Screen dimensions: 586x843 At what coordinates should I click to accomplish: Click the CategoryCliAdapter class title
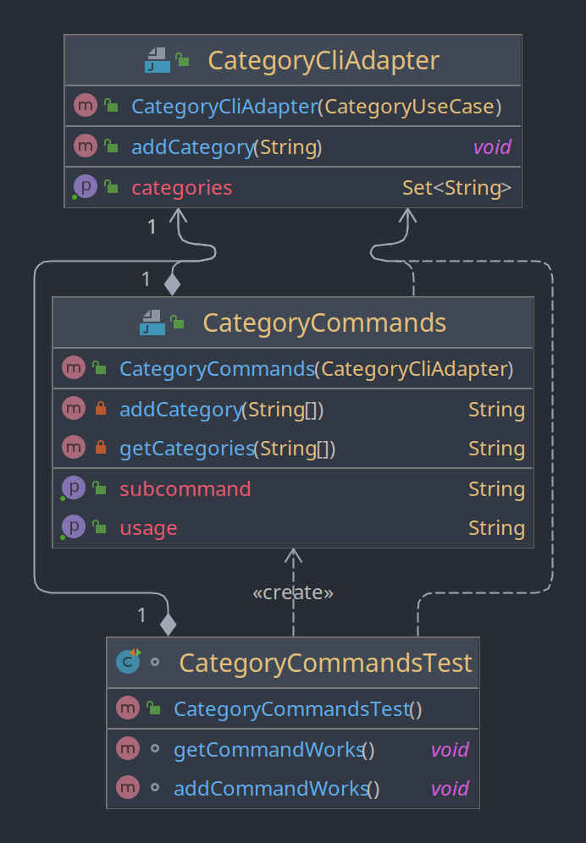(x=323, y=60)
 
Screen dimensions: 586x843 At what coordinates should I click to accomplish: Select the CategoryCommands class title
(x=324, y=323)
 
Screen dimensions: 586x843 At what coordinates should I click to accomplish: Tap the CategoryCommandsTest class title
(x=325, y=663)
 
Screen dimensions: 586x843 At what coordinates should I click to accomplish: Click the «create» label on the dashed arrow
(x=293, y=592)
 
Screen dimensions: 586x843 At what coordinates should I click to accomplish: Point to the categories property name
(x=182, y=188)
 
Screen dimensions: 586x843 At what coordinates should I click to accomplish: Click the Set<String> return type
(x=456, y=188)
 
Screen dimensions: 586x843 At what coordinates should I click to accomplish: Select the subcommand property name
(x=185, y=488)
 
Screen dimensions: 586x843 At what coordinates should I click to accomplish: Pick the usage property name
(x=148, y=528)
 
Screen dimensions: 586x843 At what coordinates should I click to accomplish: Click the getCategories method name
(x=186, y=449)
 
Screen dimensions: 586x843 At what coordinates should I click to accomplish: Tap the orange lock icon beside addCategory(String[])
(x=101, y=409)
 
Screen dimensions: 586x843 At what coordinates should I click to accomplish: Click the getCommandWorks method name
(x=268, y=749)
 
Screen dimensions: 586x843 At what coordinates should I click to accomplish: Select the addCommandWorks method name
(x=271, y=789)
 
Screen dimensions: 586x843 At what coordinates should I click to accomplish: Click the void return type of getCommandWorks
(x=450, y=749)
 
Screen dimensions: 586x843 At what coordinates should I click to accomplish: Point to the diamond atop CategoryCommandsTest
(x=168, y=625)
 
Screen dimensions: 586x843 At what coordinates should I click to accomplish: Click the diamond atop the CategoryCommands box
(x=172, y=284)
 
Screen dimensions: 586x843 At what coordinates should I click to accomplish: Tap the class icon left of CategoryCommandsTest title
(x=128, y=661)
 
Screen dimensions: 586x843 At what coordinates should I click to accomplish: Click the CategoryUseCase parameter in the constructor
(x=410, y=107)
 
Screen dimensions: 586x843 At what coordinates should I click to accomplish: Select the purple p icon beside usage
(x=73, y=526)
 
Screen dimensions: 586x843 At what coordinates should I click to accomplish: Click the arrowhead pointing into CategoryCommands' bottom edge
(x=293, y=555)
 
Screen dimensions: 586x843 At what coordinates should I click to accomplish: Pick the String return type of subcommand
(x=497, y=488)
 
